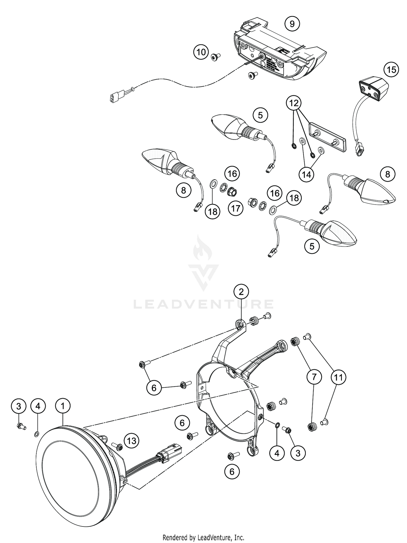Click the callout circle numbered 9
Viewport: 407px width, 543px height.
pyautogui.click(x=292, y=24)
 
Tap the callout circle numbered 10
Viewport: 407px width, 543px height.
pyautogui.click(x=201, y=52)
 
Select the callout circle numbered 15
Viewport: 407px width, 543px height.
pyautogui.click(x=391, y=70)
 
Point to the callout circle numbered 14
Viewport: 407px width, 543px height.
pyautogui.click(x=306, y=174)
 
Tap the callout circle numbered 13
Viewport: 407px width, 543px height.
pyautogui.click(x=132, y=441)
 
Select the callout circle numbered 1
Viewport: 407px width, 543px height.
pyautogui.click(x=63, y=406)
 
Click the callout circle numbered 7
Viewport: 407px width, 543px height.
pyautogui.click(x=314, y=377)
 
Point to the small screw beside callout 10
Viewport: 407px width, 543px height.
pyautogui.click(x=216, y=56)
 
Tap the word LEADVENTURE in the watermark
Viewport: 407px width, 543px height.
pyautogui.click(x=203, y=304)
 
